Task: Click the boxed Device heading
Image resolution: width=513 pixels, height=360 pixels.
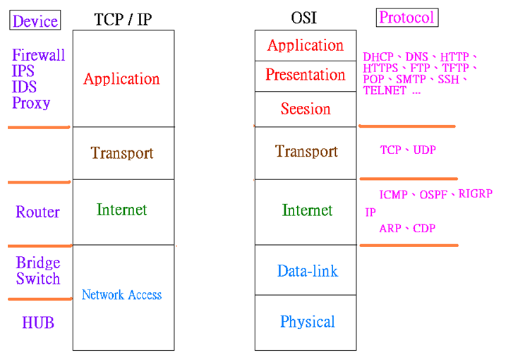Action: click(35, 20)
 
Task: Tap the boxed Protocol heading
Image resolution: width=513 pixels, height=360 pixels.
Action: click(407, 18)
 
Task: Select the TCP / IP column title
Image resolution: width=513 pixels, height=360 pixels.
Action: click(123, 19)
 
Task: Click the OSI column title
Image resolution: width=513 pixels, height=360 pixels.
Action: click(304, 18)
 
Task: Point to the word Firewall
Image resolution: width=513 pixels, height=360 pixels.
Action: click(39, 54)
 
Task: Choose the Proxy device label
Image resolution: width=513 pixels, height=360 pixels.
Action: click(31, 104)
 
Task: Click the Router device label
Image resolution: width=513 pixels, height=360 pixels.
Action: click(37, 212)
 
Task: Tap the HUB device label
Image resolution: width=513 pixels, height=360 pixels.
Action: click(38, 323)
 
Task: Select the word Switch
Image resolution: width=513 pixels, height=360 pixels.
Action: click(38, 279)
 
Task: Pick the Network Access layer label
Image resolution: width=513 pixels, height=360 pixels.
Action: click(121, 294)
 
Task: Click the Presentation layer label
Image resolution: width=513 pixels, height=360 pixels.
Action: click(306, 74)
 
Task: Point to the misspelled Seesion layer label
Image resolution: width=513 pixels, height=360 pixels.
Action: click(306, 109)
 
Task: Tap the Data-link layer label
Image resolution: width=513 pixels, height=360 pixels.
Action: click(308, 271)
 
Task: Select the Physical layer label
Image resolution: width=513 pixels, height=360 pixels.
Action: click(308, 322)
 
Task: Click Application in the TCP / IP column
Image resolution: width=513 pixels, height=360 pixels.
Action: click(121, 79)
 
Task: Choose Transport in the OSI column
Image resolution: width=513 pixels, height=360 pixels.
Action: click(306, 151)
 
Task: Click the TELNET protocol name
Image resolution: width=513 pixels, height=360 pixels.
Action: click(385, 90)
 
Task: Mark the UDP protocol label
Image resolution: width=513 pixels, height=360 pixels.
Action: click(425, 150)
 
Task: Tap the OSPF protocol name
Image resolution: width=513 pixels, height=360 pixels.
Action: click(433, 195)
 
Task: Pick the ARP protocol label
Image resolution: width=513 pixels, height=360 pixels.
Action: click(390, 228)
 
